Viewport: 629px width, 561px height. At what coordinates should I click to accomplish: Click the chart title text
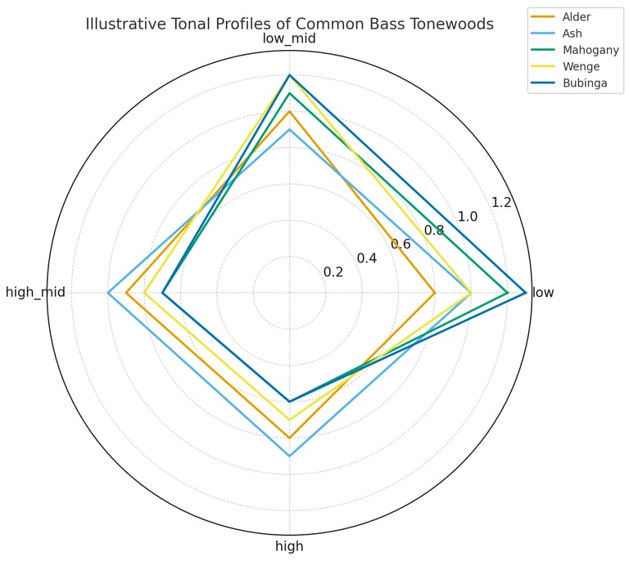tap(289, 24)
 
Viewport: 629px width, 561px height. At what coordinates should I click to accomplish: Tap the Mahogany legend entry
tap(585, 50)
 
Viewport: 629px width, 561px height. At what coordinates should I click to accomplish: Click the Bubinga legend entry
tap(578, 83)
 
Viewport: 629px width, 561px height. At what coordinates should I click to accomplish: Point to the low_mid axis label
tap(289, 39)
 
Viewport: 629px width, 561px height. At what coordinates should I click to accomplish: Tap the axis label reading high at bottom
tap(289, 546)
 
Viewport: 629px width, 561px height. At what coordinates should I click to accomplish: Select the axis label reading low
tap(543, 292)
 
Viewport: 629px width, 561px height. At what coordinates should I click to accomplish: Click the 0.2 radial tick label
tap(333, 272)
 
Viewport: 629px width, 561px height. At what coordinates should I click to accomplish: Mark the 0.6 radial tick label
tap(400, 244)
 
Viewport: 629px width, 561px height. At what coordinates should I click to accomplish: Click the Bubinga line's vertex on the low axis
tap(525, 292)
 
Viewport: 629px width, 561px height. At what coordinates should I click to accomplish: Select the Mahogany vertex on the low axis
tap(507, 292)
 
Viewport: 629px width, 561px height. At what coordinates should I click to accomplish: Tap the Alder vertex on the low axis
tap(434, 292)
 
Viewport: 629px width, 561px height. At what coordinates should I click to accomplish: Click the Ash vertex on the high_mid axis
tap(108, 292)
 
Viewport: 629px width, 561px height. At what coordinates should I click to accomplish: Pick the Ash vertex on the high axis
tap(289, 456)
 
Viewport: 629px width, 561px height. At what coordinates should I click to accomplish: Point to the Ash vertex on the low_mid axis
tap(289, 129)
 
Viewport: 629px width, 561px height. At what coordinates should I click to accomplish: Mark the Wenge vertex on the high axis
tap(289, 420)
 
